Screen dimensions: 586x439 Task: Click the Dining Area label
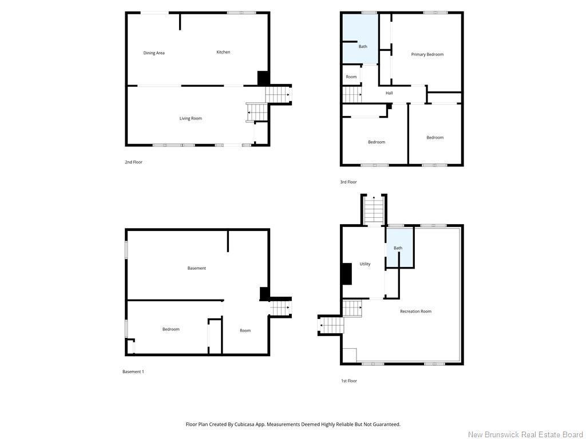154,53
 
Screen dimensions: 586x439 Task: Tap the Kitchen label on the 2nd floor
223,52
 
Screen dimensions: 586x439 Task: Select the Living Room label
191,118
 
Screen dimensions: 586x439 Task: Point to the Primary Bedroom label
427,54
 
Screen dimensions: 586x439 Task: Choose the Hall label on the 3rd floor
389,93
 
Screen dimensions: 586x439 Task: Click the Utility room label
365,264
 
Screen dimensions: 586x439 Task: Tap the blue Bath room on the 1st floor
399,248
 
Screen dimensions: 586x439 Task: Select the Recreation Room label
415,312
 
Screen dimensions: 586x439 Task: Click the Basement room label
197,268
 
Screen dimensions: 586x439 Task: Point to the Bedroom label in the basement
171,329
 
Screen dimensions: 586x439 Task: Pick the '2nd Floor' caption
133,162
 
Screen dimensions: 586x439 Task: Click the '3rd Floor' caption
349,182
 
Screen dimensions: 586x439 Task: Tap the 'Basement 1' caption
133,372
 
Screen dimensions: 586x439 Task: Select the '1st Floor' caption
349,381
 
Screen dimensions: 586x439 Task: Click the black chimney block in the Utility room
347,274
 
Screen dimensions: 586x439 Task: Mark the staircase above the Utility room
374,210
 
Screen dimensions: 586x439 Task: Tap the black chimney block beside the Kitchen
263,78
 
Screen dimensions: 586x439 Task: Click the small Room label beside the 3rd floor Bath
351,77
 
